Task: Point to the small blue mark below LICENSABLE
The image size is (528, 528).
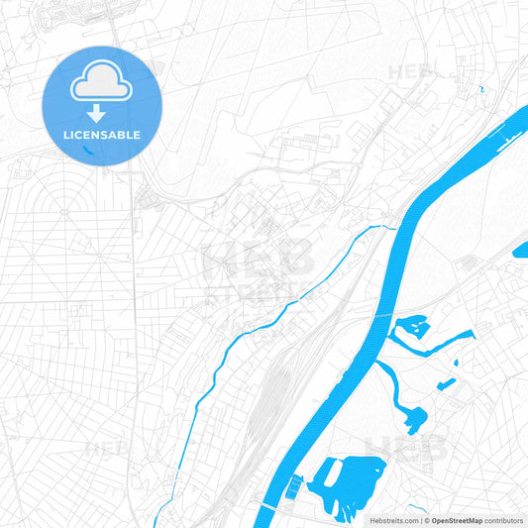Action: pos(90,151)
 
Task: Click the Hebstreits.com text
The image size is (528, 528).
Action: pos(390,519)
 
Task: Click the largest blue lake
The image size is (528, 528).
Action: pos(347,475)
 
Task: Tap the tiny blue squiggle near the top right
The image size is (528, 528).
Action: pos(480,90)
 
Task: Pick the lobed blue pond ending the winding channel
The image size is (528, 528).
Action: pos(414,416)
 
